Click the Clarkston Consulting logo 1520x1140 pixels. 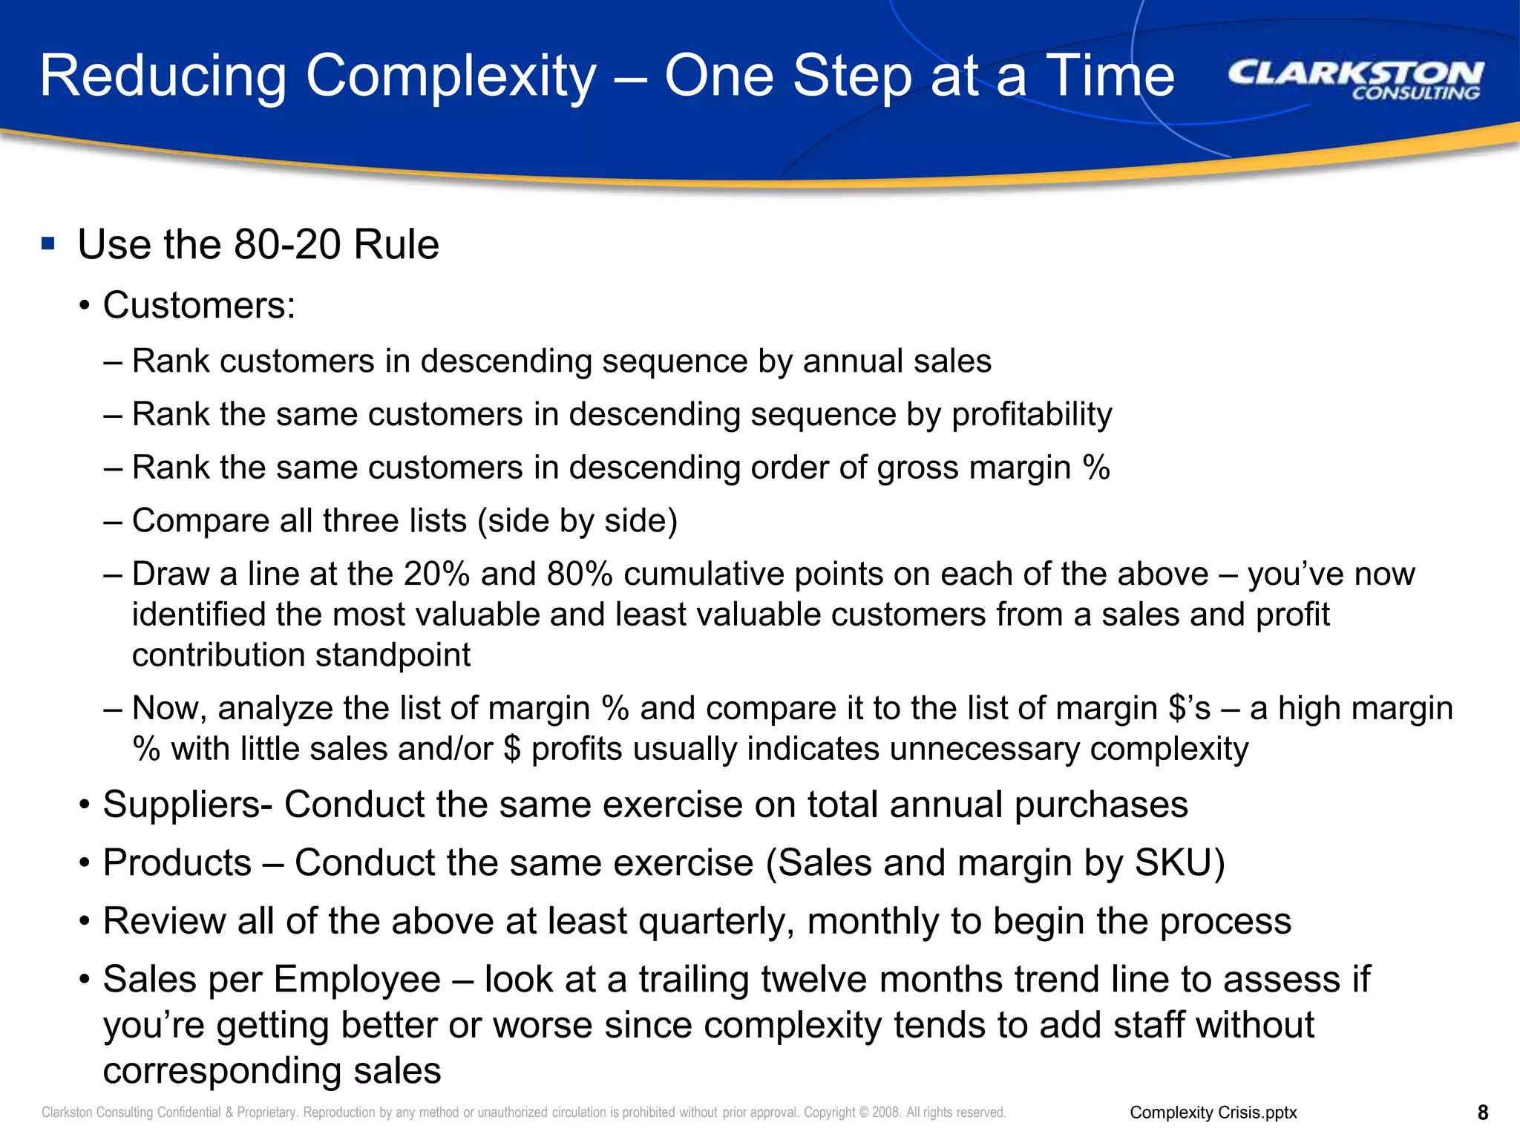[1354, 79]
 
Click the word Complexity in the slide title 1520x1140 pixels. [451, 76]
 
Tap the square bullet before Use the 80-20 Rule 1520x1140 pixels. [48, 243]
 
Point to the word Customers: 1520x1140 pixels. [199, 305]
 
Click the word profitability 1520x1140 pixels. [1032, 414]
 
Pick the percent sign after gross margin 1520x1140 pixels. [1095, 468]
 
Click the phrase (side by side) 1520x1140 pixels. [577, 520]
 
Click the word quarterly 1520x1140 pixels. [716, 921]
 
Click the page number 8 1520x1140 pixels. [1483, 1113]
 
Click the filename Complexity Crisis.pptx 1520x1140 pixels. [1213, 1113]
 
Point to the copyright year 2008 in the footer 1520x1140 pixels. [885, 1113]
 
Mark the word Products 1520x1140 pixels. [177, 862]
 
